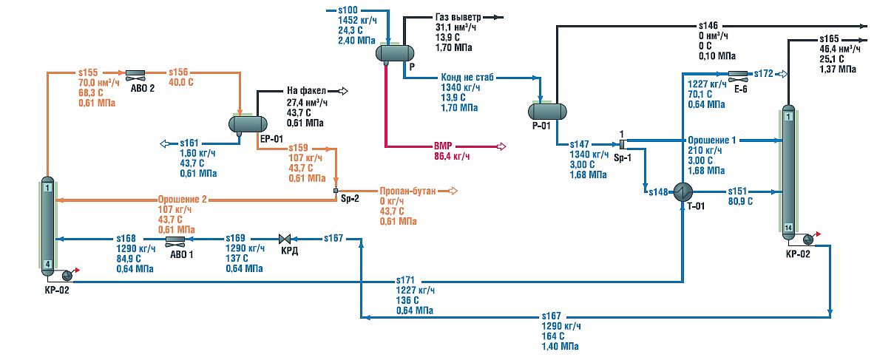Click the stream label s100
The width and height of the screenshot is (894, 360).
pos(347,10)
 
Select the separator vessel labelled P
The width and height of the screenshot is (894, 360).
pos(394,52)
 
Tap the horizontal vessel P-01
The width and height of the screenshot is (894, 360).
pos(546,111)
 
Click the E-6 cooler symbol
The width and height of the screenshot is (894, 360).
pos(737,74)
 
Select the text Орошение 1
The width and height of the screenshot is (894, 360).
pos(712,140)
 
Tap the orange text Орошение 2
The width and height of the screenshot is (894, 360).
pos(181,199)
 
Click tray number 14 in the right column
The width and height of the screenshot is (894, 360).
pos(788,227)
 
